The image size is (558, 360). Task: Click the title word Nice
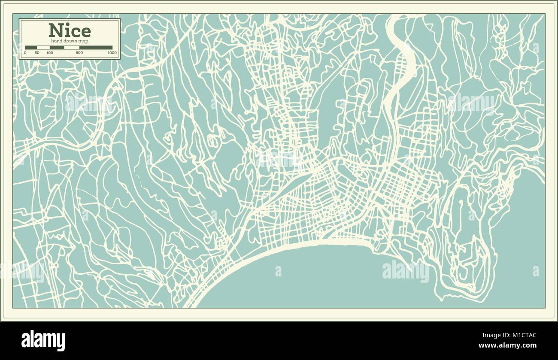click(70, 30)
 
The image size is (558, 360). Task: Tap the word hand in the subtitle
click(57, 40)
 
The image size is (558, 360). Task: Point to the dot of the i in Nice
click(65, 24)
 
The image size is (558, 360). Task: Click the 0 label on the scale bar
click(25, 53)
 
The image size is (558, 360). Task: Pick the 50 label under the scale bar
click(37, 53)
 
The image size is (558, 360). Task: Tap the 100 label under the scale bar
click(50, 53)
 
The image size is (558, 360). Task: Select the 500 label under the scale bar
click(79, 53)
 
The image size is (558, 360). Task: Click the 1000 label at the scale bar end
click(112, 53)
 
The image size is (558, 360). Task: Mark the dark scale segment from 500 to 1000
click(96, 48)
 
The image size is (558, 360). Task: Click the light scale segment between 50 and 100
click(43, 48)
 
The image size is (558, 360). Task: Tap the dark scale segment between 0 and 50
click(31, 48)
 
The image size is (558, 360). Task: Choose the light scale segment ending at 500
click(71, 48)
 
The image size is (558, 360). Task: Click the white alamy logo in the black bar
click(43, 340)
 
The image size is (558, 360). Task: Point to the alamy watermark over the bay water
click(405, 272)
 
